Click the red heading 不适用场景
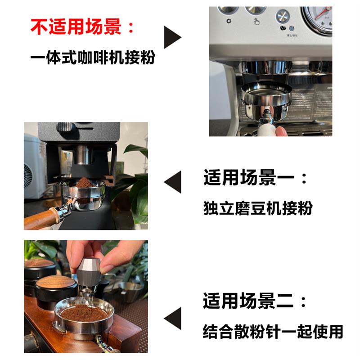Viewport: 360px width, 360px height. (x=76, y=27)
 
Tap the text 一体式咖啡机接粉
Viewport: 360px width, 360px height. (x=93, y=57)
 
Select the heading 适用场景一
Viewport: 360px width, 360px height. (x=240, y=177)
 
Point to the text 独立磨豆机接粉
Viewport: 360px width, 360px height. (x=258, y=208)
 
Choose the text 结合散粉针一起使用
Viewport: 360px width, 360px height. (x=273, y=332)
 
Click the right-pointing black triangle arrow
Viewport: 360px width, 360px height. (x=173, y=37)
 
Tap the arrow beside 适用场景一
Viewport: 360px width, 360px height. (x=172, y=182)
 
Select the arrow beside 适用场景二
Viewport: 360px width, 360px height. (x=172, y=318)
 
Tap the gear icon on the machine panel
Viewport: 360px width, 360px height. (x=229, y=21)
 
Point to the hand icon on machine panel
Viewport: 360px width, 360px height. (x=256, y=22)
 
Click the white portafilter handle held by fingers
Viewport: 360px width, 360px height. (x=267, y=130)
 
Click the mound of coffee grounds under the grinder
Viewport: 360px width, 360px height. (x=85, y=182)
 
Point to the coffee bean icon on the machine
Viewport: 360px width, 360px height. (x=283, y=28)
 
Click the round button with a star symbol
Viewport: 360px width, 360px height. (x=283, y=16)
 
